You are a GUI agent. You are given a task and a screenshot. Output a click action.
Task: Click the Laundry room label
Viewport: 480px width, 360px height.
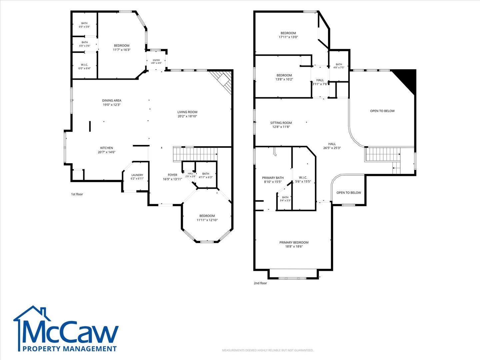[137, 175]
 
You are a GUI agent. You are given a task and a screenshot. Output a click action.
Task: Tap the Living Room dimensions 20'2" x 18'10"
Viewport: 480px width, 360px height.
[187, 116]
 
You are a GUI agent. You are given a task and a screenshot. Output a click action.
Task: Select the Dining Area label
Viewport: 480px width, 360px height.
[112, 101]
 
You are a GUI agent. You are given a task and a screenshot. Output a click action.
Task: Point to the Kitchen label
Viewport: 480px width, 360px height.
[106, 148]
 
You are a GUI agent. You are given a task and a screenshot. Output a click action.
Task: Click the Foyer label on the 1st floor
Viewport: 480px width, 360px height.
[172, 175]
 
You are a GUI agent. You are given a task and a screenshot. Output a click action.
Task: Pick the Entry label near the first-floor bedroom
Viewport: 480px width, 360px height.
[156, 60]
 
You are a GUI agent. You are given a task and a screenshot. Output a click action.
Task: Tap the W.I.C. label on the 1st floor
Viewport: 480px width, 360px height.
[84, 65]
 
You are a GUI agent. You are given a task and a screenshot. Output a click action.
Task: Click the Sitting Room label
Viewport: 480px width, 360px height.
[281, 123]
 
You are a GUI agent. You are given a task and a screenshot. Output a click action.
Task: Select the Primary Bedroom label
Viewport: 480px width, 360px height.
[294, 242]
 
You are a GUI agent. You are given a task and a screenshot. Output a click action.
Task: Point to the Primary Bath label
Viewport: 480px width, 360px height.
[273, 178]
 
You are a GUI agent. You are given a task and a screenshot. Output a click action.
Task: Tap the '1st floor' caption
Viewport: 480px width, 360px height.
[77, 194]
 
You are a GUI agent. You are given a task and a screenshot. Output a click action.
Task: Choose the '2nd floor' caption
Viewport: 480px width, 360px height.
[260, 283]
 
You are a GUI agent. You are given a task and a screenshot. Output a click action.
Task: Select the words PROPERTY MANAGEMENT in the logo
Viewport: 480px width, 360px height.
[70, 348]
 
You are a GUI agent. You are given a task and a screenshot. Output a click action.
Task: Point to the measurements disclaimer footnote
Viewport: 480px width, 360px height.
[268, 350]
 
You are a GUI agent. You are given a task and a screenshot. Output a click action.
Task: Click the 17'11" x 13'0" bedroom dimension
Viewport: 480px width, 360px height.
[288, 37]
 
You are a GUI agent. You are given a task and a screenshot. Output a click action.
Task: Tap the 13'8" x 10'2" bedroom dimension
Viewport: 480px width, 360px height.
[284, 79]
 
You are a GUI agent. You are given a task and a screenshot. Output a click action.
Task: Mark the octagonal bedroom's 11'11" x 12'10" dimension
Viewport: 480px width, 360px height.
[207, 220]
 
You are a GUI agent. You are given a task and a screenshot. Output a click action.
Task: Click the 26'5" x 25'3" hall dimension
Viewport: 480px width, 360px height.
[332, 148]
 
